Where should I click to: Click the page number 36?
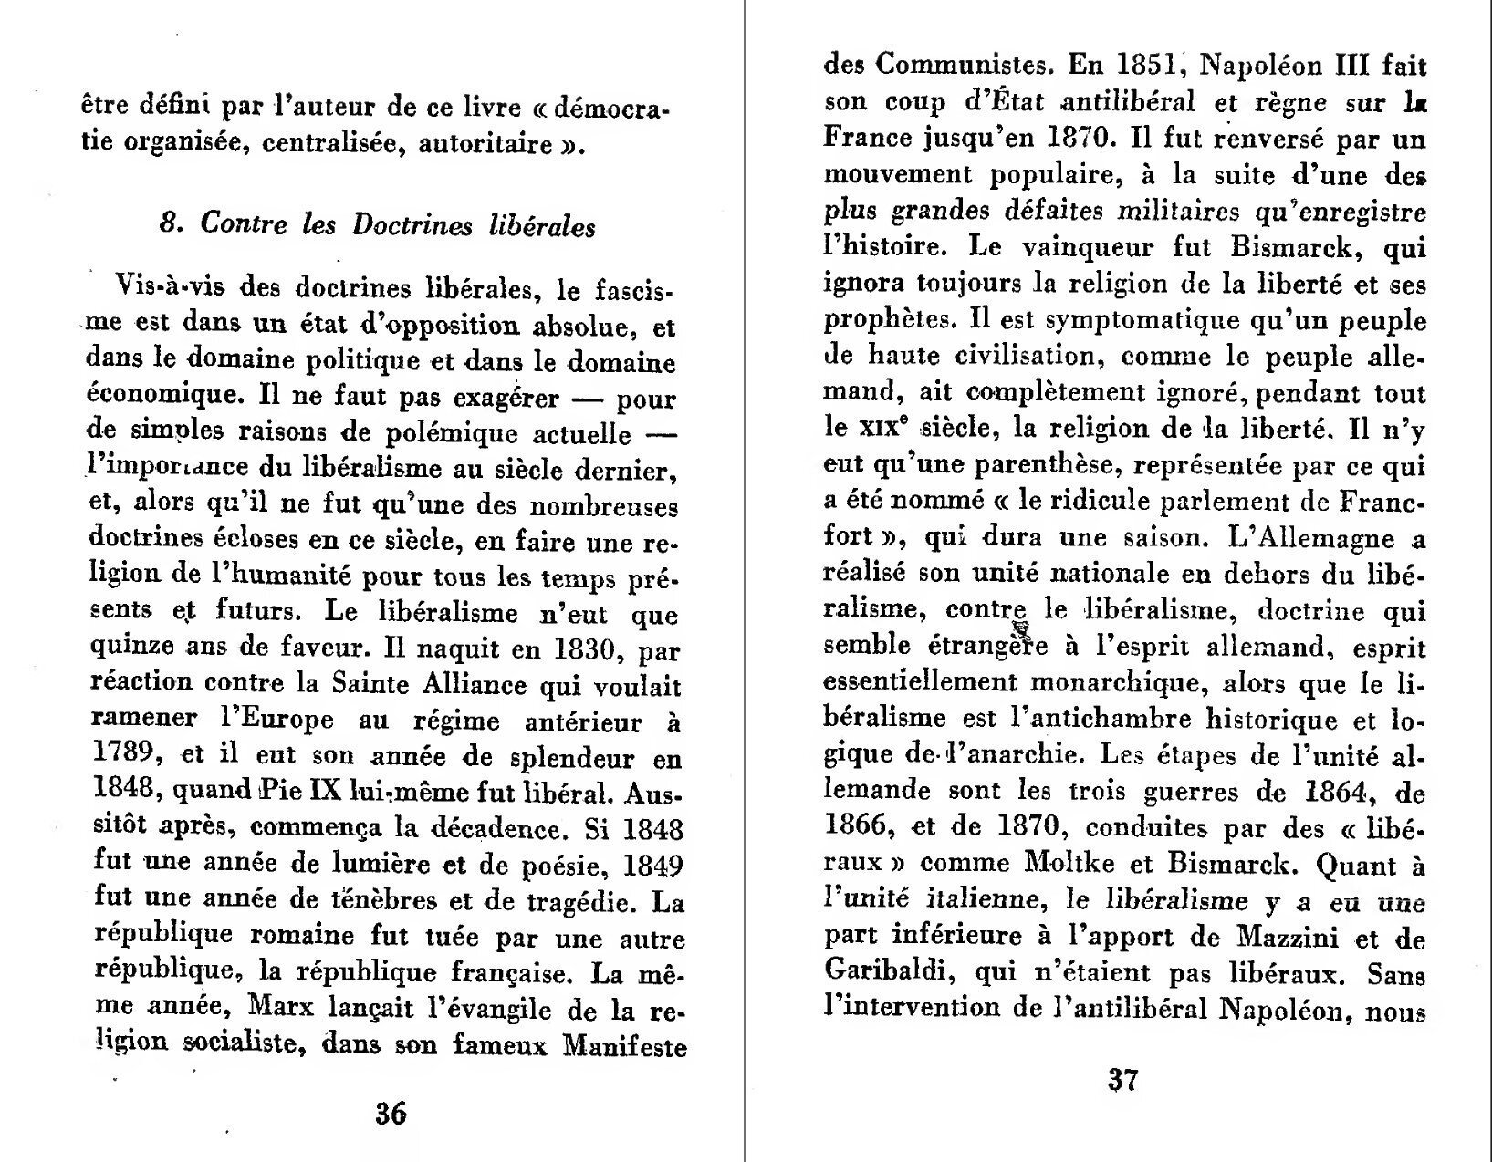coord(391,1113)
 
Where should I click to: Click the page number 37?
coord(1122,1080)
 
